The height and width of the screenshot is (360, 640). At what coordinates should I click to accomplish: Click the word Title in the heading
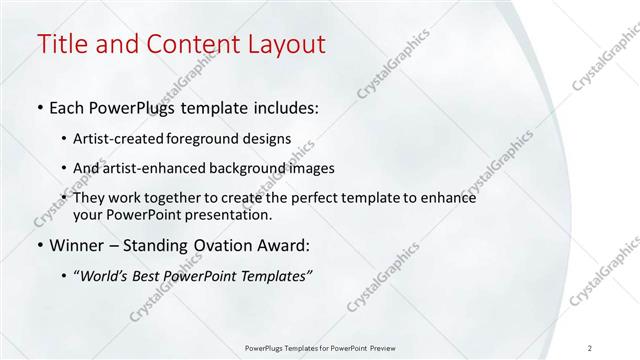tap(59, 44)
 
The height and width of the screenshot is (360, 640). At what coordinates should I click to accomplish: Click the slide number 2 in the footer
tap(590, 348)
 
